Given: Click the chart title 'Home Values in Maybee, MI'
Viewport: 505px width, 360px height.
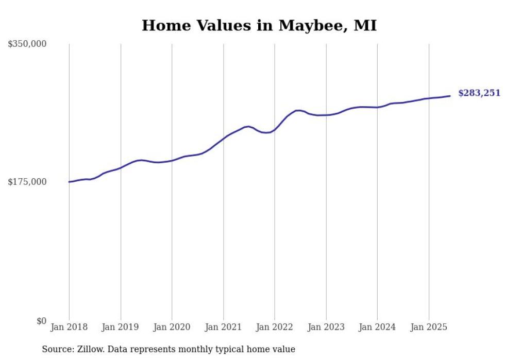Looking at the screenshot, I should tap(259, 25).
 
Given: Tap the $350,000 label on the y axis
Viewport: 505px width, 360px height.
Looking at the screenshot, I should tap(27, 44).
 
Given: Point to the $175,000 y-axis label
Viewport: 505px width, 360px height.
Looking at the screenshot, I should tap(27, 182).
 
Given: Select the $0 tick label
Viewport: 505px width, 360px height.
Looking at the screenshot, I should tap(41, 321).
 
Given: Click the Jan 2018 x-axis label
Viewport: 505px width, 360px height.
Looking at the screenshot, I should tap(69, 327).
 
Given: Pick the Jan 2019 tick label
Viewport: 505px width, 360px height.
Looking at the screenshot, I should tap(121, 327).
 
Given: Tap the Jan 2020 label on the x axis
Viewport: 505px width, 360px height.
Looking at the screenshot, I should tap(172, 327).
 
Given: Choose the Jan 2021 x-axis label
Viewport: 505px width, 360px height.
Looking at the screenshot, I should tap(224, 327).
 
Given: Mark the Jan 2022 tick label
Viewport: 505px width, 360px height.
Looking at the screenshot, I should tap(275, 327).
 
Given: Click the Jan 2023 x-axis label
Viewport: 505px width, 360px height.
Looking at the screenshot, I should tap(326, 327).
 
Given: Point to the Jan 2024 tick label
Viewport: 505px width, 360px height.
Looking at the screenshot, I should tap(378, 327).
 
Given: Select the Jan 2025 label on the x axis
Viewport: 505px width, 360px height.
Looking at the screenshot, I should tap(429, 327).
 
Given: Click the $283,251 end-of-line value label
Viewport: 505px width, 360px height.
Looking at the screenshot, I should tap(479, 93).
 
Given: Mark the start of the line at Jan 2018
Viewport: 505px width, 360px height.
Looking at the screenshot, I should tap(70, 182).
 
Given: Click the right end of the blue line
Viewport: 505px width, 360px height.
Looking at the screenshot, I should tap(450, 96).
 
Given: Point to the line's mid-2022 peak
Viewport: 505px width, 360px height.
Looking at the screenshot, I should tap(298, 110).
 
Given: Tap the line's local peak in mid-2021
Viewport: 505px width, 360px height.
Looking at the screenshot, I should tap(248, 126).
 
